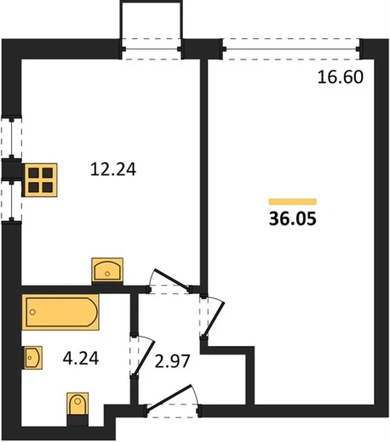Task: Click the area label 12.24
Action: [113, 169]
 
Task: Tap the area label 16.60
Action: [341, 77]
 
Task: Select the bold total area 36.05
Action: [293, 219]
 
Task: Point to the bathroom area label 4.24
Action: [81, 358]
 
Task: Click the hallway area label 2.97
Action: [172, 361]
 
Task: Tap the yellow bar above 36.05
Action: [293, 201]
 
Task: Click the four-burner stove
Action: [41, 180]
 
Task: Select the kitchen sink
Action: [107, 271]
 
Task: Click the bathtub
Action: [60, 312]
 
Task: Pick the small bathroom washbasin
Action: [33, 358]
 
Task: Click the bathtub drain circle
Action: [32, 312]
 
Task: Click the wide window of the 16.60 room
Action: [291, 49]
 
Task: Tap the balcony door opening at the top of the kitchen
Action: [152, 49]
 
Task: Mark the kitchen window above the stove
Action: [11, 138]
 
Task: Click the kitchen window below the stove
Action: [11, 201]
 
